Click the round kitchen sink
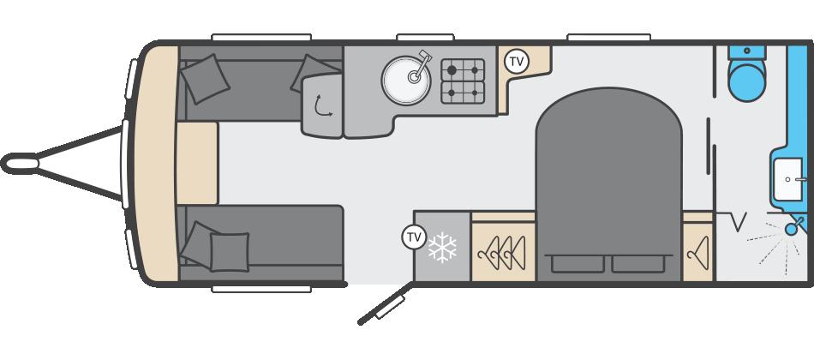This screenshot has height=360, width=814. click(x=406, y=81)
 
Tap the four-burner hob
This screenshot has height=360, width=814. click(x=463, y=81)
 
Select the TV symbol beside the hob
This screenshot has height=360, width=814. click(x=517, y=62)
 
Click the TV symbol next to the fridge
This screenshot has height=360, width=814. click(x=414, y=237)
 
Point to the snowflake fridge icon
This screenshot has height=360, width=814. click(x=442, y=247)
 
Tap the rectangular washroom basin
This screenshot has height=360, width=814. click(x=791, y=179)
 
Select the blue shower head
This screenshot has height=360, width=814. click(x=793, y=226)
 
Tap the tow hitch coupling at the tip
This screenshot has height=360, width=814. click(x=20, y=164)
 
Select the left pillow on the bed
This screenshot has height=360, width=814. click(x=578, y=263)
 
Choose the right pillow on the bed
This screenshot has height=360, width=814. click(x=638, y=263)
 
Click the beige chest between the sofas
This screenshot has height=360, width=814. click(x=197, y=163)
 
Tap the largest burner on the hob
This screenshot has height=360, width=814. click(x=452, y=69)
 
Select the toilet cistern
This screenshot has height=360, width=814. click(x=747, y=52)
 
